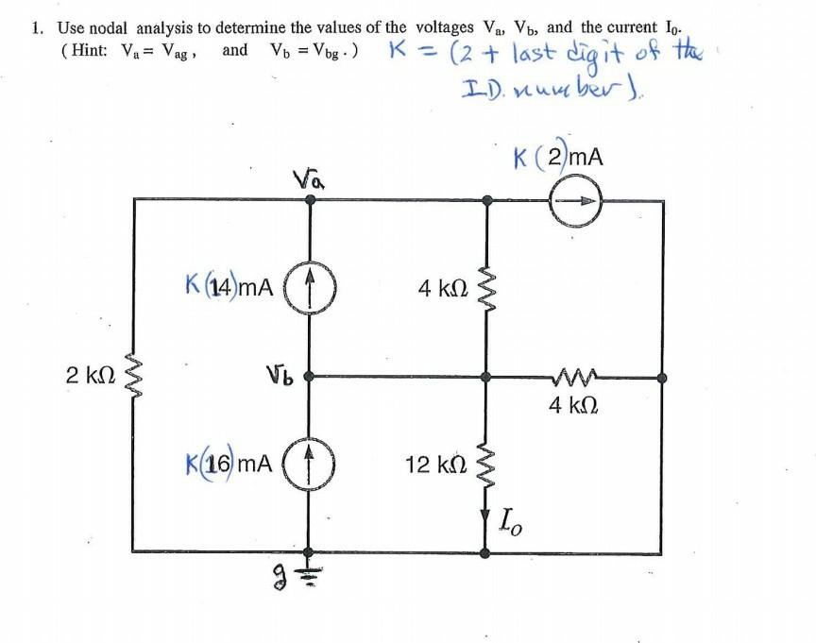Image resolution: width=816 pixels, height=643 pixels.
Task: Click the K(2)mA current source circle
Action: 575,200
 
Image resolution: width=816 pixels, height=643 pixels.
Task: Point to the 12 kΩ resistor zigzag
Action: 485,465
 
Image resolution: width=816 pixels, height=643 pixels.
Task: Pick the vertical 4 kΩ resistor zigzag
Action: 485,284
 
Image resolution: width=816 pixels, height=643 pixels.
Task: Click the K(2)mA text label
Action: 556,157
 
